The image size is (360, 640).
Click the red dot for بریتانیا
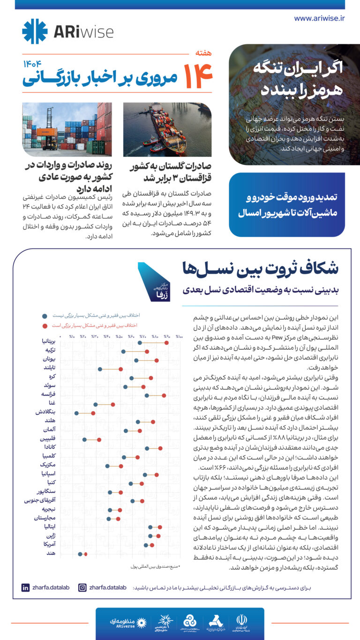pyautogui.click(x=166, y=343)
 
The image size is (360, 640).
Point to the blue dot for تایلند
pyautogui.click(x=100, y=369)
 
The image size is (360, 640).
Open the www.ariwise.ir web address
pyautogui.click(x=319, y=18)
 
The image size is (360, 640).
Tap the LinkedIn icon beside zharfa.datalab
pyautogui.click(x=25, y=587)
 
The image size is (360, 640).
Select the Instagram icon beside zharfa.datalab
pyautogui.click(x=82, y=587)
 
